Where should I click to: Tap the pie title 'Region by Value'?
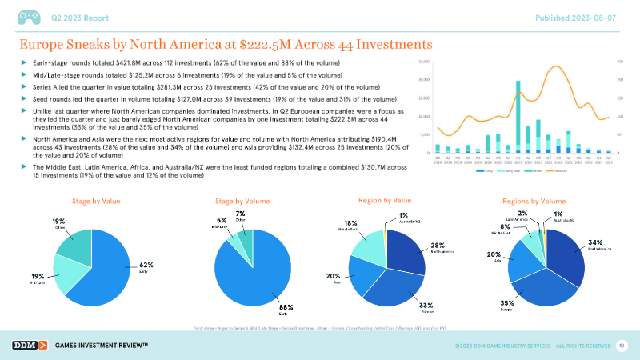click(386, 199)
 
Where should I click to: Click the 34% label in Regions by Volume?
click(594, 242)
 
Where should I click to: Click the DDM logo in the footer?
click(29, 345)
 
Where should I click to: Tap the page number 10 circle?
click(622, 345)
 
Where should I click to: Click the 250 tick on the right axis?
click(619, 62)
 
